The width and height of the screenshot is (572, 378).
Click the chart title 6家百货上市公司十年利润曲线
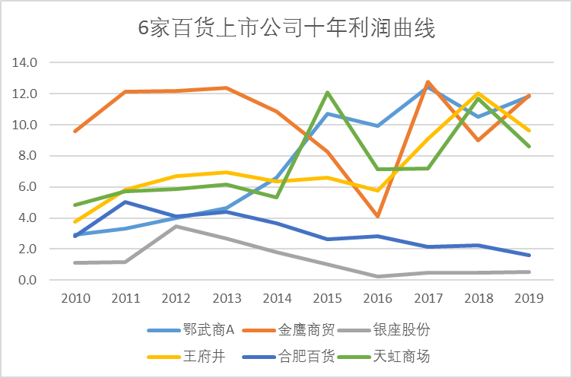pyautogui.click(x=285, y=28)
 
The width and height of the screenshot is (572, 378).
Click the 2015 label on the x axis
pyautogui.click(x=327, y=299)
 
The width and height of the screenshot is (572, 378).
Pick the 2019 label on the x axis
pyautogui.click(x=529, y=299)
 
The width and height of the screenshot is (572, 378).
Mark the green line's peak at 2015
pyautogui.click(x=327, y=93)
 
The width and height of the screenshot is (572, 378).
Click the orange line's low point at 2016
pyautogui.click(x=377, y=217)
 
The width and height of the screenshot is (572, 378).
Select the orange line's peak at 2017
pyautogui.click(x=428, y=81)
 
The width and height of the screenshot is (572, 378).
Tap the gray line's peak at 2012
pyautogui.click(x=176, y=226)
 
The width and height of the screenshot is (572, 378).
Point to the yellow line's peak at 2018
pyautogui.click(x=478, y=94)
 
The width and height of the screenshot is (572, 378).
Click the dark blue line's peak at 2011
pyautogui.click(x=125, y=202)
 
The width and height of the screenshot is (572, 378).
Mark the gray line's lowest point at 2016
pyautogui.click(x=377, y=277)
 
